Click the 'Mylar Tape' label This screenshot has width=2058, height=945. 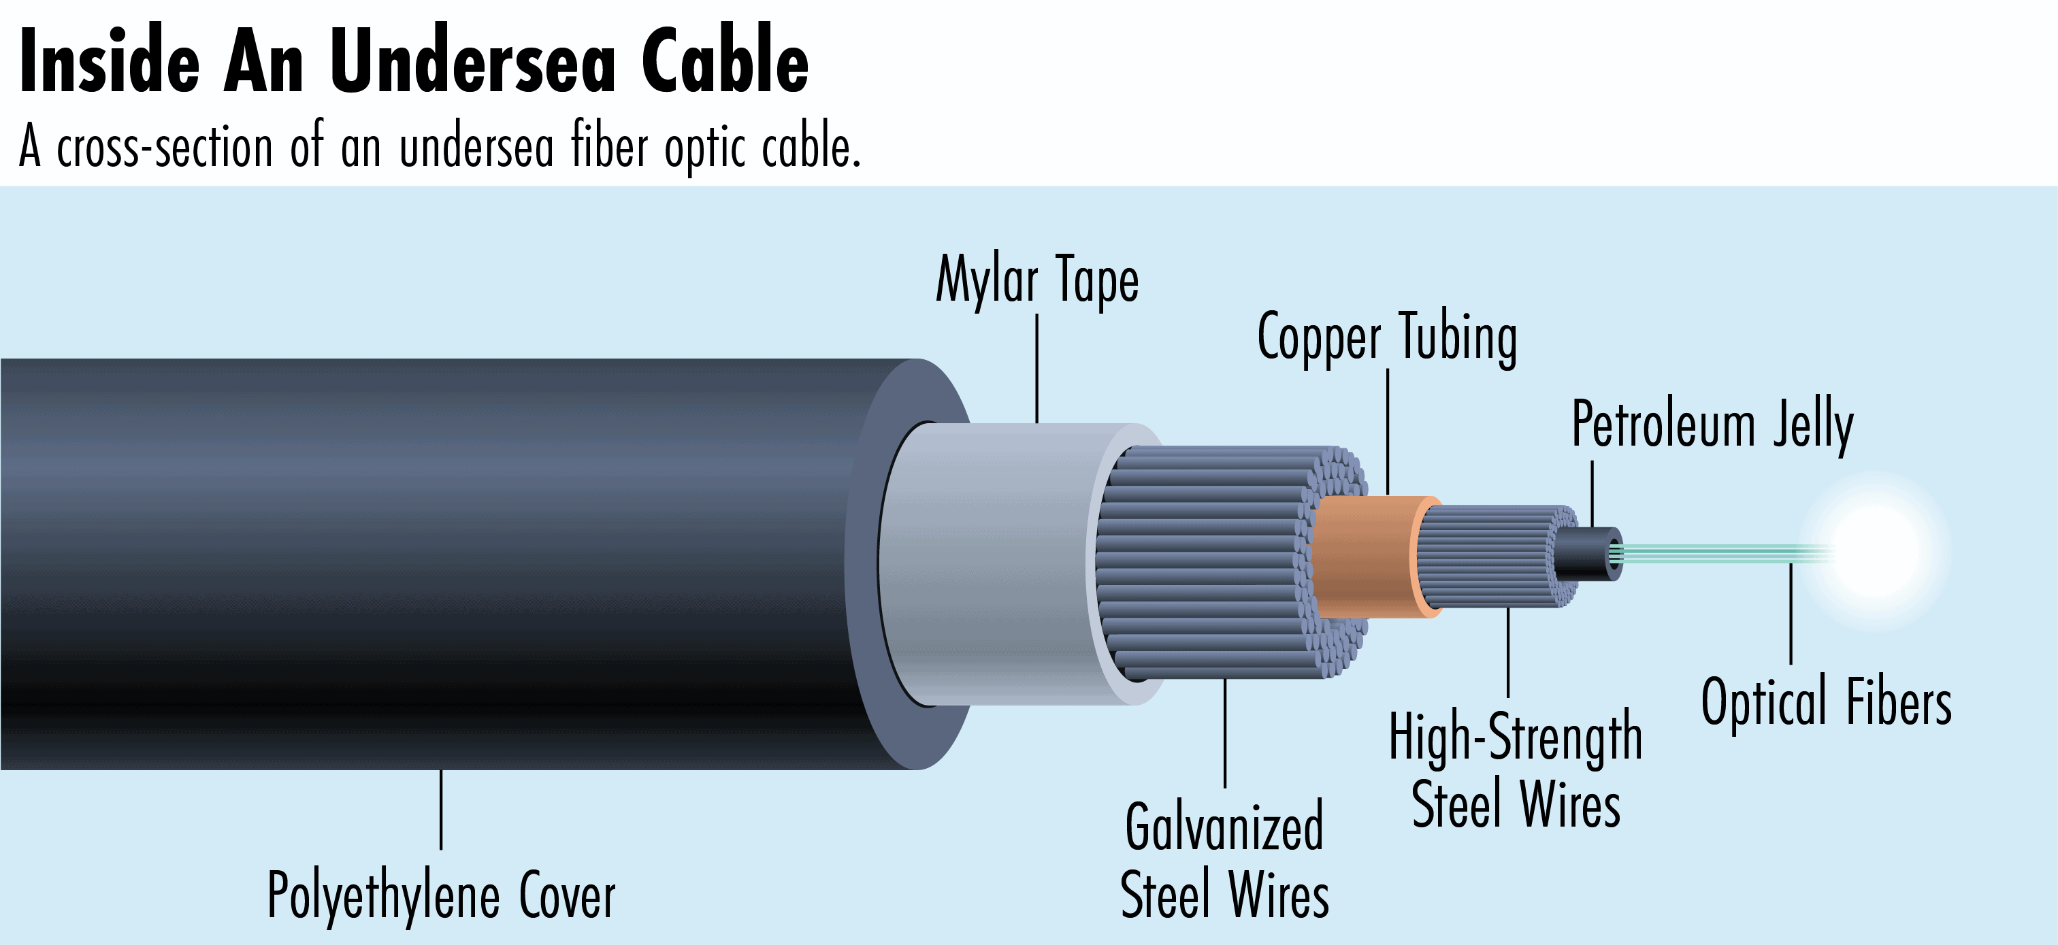(x=1037, y=280)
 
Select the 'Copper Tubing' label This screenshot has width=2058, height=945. (x=1387, y=339)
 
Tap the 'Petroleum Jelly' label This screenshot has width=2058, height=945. (x=1712, y=425)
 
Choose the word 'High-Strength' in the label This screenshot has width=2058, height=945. (x=1515, y=737)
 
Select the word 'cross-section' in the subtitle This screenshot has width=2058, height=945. (x=165, y=148)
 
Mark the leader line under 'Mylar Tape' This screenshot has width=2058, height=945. (x=1037, y=367)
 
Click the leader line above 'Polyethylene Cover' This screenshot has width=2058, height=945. (x=441, y=809)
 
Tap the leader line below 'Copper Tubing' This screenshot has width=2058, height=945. (x=1388, y=431)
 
